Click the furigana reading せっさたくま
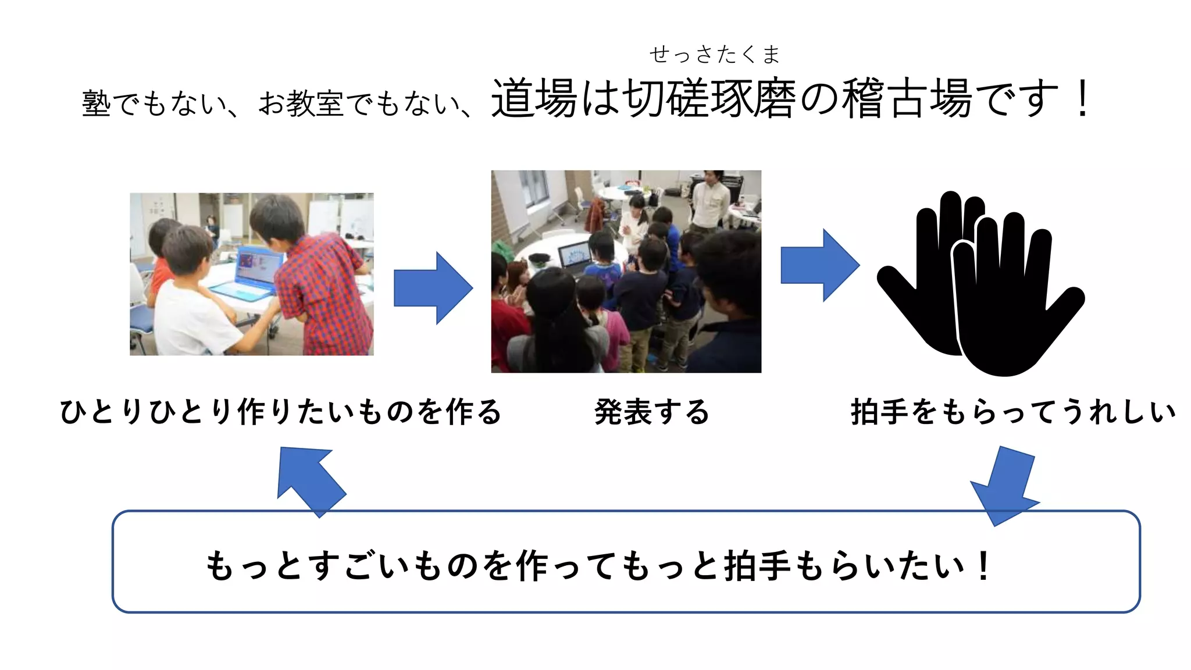[714, 55]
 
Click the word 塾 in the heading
[96, 104]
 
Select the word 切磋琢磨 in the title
[708, 98]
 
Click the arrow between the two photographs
[433, 288]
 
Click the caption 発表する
[652, 412]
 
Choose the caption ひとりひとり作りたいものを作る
[280, 412]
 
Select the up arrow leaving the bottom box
[311, 480]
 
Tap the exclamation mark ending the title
[1082, 98]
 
